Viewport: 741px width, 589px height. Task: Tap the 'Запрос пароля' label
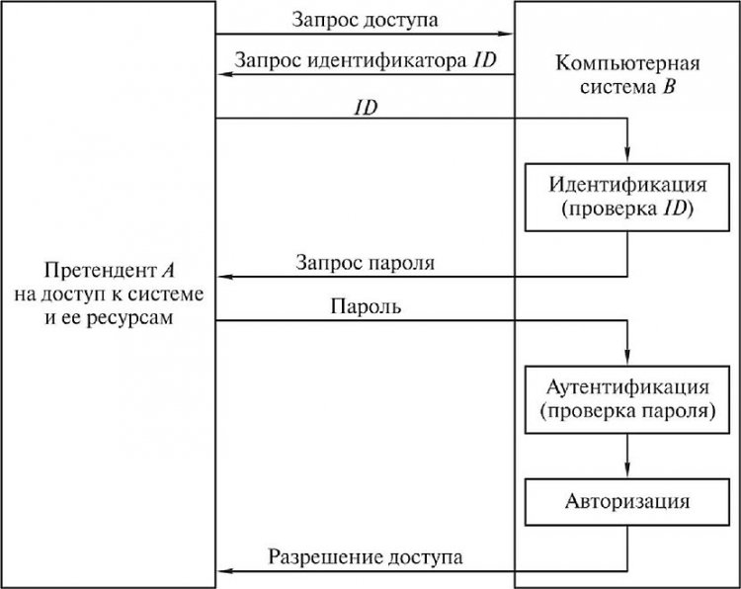tap(365, 263)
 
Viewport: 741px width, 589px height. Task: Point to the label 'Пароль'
tap(367, 306)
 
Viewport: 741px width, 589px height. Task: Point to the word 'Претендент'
tap(89, 271)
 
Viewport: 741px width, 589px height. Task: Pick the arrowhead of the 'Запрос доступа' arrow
tap(507, 35)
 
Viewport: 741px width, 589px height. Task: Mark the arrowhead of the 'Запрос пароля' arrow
tap(224, 278)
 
